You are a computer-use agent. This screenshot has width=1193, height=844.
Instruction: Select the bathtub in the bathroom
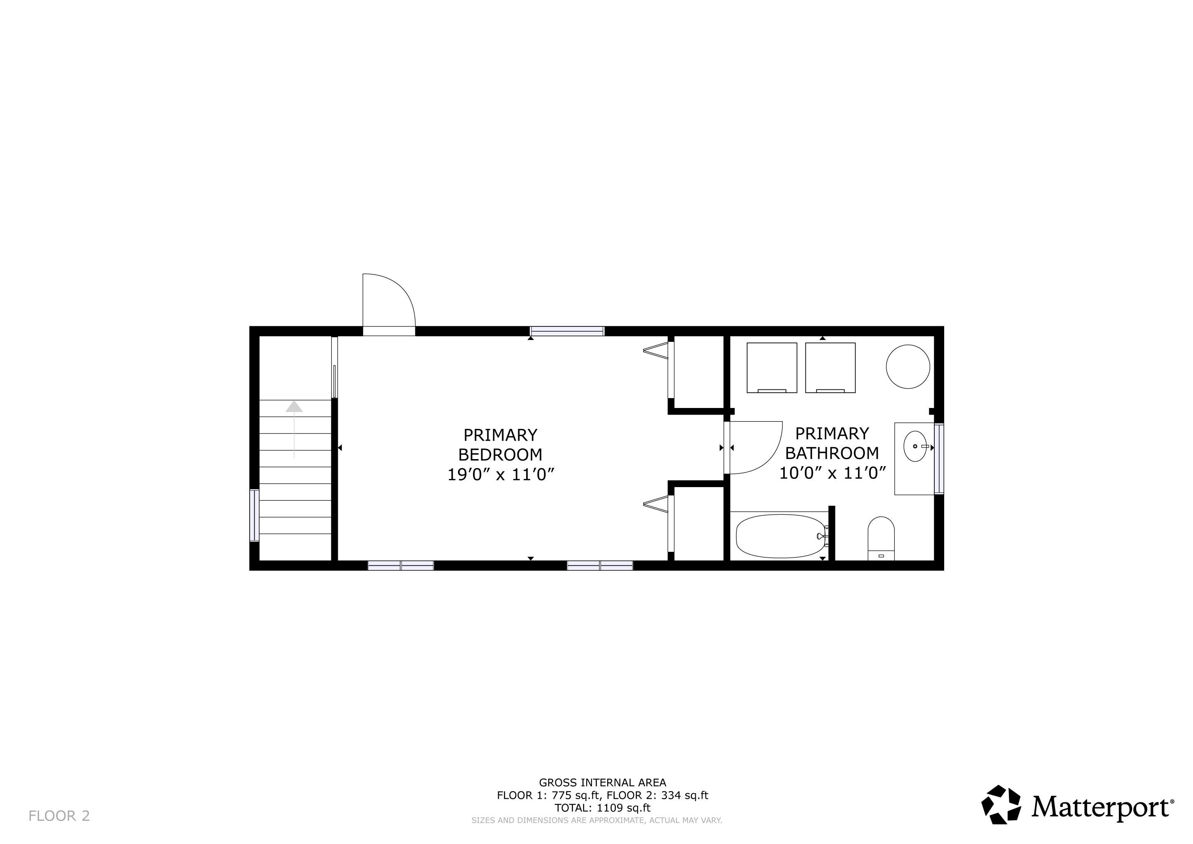pyautogui.click(x=781, y=536)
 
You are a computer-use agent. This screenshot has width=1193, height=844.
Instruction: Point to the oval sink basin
pyautogui.click(x=915, y=446)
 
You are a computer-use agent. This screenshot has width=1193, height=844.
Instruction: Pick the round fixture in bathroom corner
pyautogui.click(x=908, y=366)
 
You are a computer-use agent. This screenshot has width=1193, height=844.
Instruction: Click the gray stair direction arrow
pyautogui.click(x=294, y=430)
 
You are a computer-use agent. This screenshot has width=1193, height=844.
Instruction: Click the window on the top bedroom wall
pyautogui.click(x=567, y=331)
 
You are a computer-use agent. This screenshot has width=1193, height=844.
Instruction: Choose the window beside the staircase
pyautogui.click(x=254, y=516)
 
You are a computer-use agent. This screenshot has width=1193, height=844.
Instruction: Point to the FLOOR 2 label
pyautogui.click(x=59, y=816)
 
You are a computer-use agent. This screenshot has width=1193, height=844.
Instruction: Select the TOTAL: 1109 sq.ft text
pyautogui.click(x=602, y=808)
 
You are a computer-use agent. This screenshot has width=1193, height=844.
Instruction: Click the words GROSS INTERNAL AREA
pyautogui.click(x=602, y=783)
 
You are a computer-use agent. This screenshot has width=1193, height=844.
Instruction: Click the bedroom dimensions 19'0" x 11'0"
pyautogui.click(x=501, y=474)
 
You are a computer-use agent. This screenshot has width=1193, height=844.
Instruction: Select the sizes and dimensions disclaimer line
pyautogui.click(x=596, y=821)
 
